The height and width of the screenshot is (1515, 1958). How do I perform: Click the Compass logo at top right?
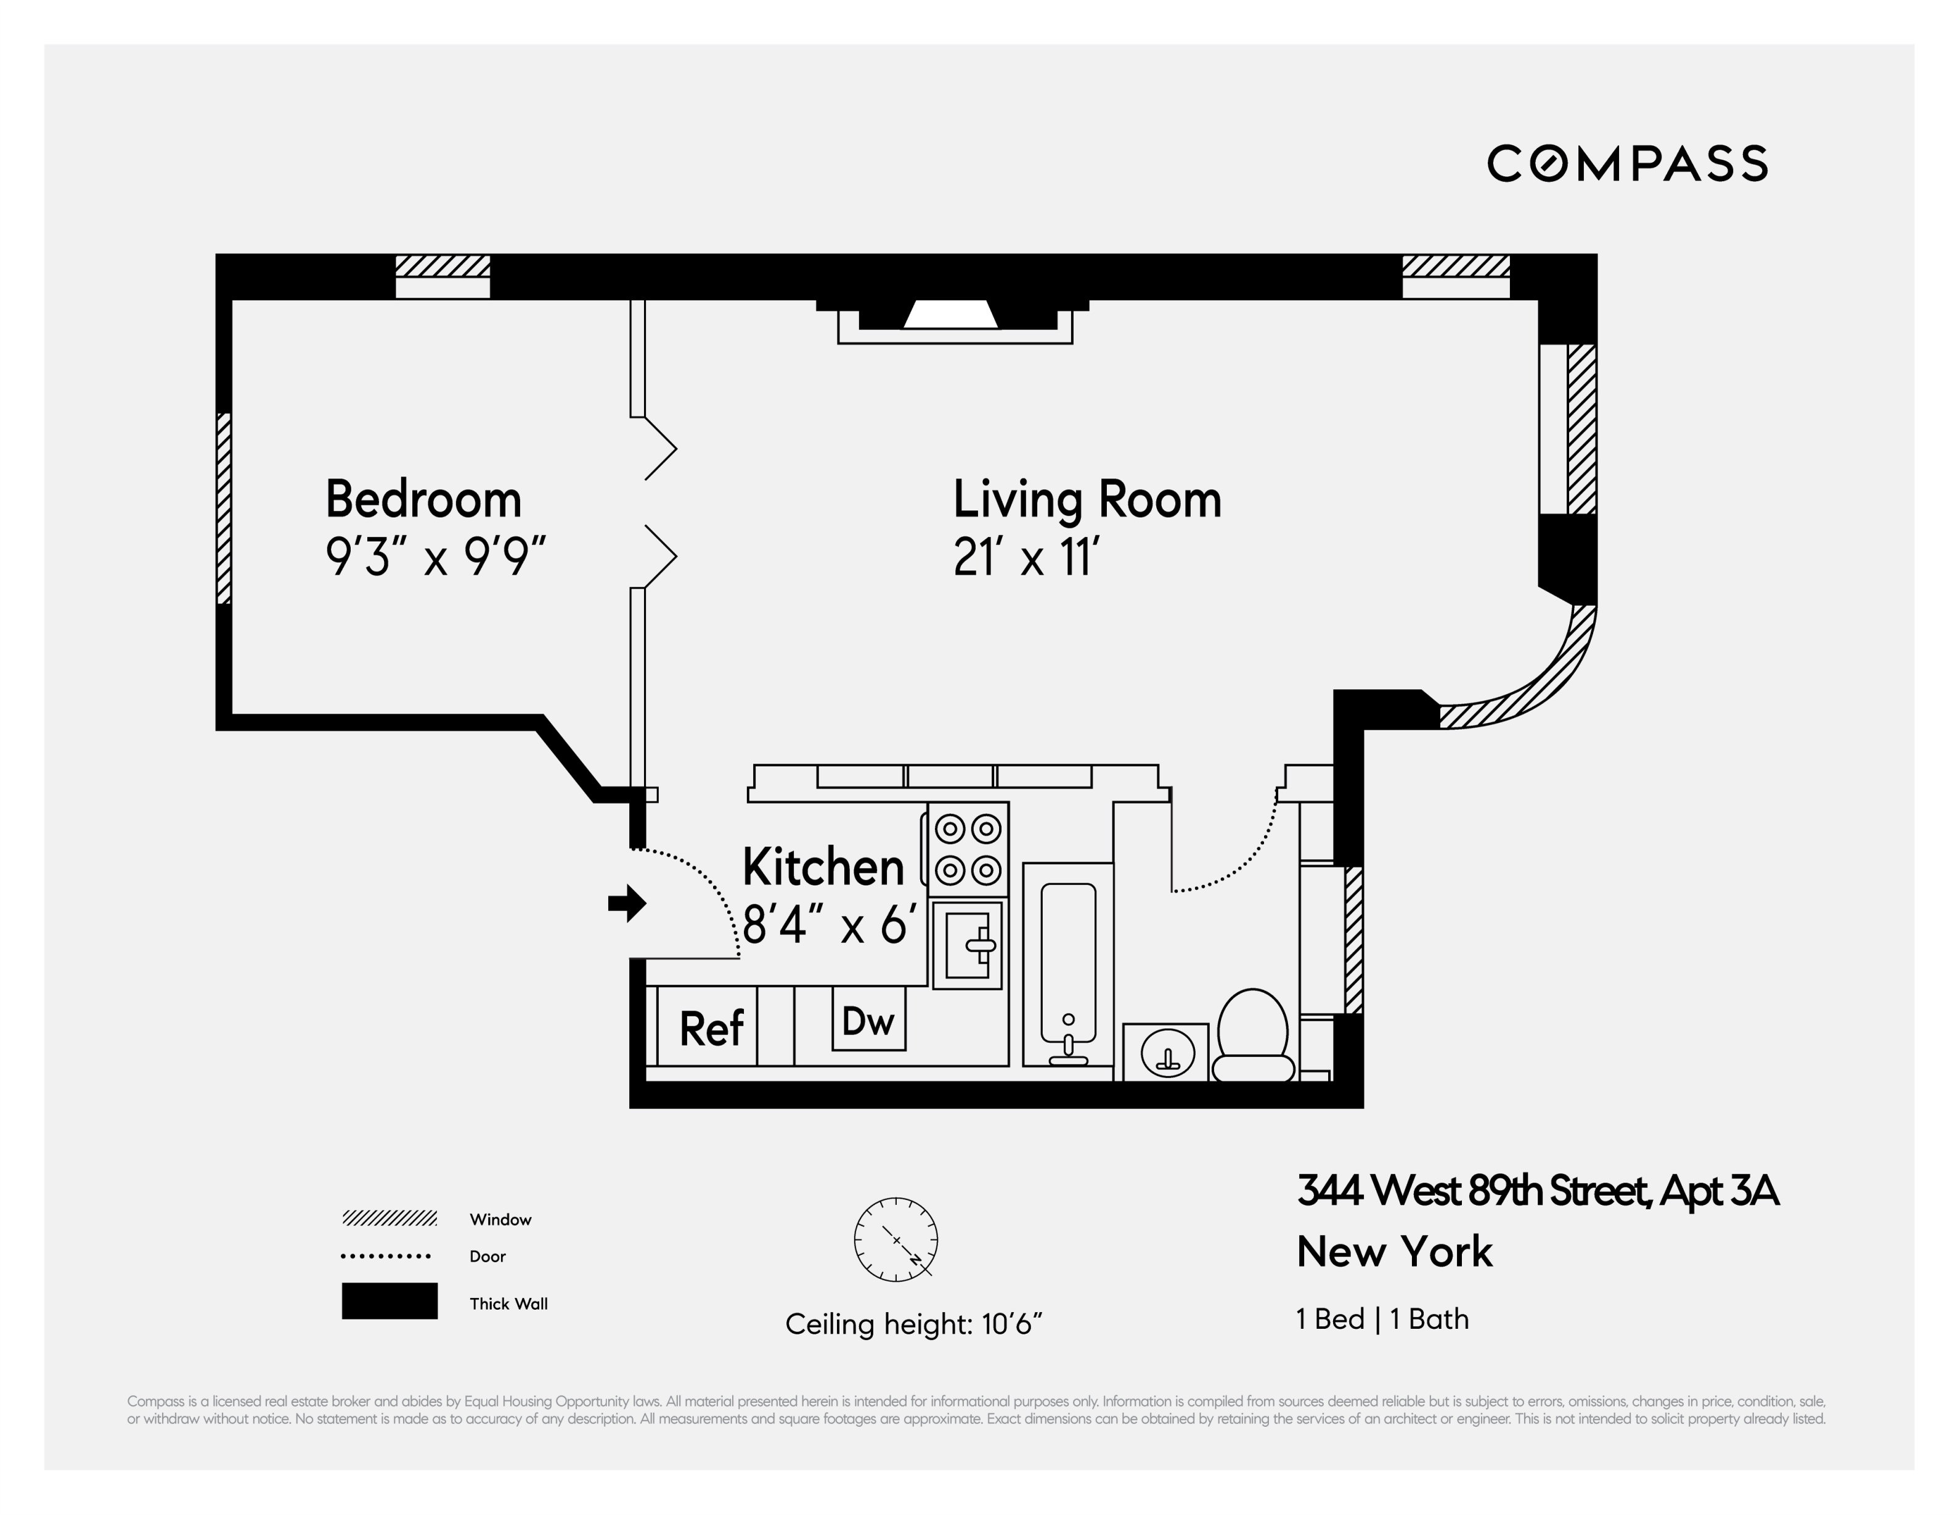pyautogui.click(x=1626, y=163)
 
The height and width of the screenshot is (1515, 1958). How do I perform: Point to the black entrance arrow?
pyautogui.click(x=627, y=903)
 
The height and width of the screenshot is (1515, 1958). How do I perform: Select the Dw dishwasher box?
pyautogui.click(x=868, y=1019)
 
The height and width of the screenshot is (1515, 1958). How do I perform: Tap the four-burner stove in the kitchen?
pyautogui.click(x=968, y=849)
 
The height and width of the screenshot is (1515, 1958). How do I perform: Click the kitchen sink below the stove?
pyautogui.click(x=968, y=945)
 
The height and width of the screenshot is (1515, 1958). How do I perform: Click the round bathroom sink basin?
pyautogui.click(x=1167, y=1053)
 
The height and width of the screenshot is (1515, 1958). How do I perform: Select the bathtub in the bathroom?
pyautogui.click(x=1068, y=964)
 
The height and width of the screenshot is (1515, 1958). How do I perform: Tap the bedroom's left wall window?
pyautogui.click(x=224, y=508)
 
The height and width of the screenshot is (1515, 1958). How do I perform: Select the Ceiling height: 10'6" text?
pyautogui.click(x=913, y=1324)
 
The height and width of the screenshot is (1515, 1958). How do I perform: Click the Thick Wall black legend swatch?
pyautogui.click(x=389, y=1301)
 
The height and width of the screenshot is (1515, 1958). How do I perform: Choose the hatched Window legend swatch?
pyautogui.click(x=389, y=1219)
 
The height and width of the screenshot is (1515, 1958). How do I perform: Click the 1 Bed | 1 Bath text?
pyautogui.click(x=1382, y=1318)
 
